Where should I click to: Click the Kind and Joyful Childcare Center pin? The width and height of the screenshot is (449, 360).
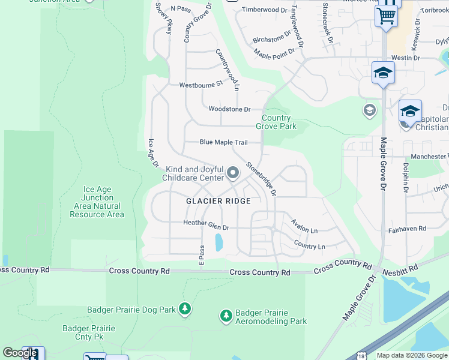pos(233,174)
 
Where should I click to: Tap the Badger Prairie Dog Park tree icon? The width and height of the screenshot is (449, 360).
pos(185,309)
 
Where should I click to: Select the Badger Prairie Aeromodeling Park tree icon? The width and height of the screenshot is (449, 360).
pos(226,316)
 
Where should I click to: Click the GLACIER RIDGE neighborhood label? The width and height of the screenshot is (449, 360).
pos(218,201)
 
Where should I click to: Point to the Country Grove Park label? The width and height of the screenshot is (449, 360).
pos(276,122)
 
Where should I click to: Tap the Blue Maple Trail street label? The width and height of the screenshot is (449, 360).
pos(223,143)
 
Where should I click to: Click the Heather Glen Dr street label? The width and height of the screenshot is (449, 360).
pos(206,227)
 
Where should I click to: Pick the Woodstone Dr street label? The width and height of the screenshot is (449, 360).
pos(229,109)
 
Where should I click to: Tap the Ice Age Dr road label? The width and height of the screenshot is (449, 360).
pos(152,153)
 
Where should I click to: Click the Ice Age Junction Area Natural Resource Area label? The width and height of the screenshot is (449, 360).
pos(97,202)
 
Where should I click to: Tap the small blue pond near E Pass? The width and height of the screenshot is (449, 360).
pos(218,243)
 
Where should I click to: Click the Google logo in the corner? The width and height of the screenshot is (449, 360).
pos(20,353)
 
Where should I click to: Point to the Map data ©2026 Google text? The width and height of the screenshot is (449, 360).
pos(412,355)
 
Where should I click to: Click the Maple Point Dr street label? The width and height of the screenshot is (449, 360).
pos(274,53)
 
